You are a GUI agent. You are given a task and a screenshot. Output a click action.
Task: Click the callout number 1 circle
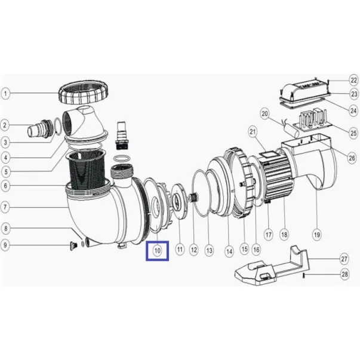click(x=5, y=94)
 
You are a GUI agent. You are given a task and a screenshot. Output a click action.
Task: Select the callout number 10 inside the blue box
click(x=157, y=251)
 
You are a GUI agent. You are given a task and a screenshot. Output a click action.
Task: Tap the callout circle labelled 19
click(x=317, y=235)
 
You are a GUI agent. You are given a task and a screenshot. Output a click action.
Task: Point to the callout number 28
click(x=344, y=274)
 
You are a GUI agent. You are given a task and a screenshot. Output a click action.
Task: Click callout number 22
click(x=354, y=80)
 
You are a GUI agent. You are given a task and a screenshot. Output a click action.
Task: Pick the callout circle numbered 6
click(x=5, y=186)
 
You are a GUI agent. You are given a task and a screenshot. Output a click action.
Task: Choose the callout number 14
click(x=229, y=251)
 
